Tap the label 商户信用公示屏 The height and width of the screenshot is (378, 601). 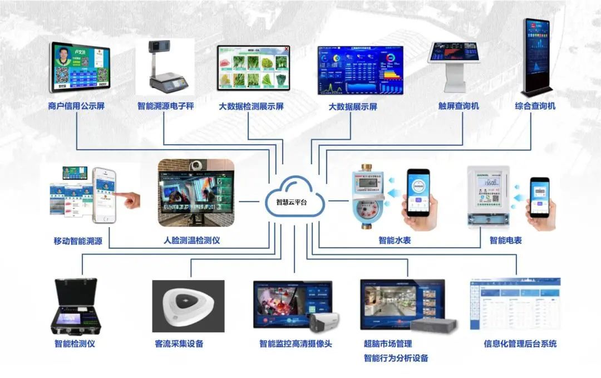(x=77, y=106)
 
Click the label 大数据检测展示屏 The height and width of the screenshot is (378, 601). (x=251, y=106)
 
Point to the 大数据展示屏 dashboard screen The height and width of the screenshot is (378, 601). (x=360, y=70)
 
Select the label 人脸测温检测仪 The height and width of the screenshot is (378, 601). (x=191, y=241)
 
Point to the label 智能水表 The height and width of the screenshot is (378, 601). (x=395, y=240)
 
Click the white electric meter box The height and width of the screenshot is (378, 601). (x=489, y=196)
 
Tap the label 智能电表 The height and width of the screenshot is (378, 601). (x=505, y=240)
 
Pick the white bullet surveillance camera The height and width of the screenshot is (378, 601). (x=323, y=322)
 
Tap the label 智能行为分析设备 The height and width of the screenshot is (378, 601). (x=396, y=358)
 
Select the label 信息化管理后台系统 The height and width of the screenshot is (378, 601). (x=520, y=343)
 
